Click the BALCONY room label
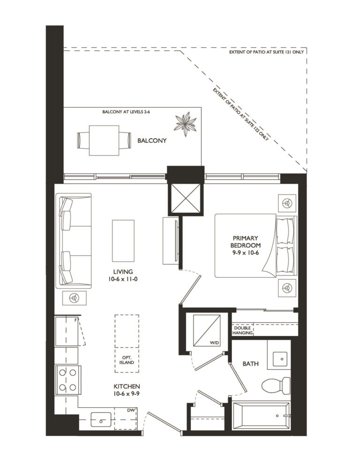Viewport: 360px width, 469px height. point(152,141)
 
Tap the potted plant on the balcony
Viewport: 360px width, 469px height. point(185,124)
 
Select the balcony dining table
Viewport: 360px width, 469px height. point(104,140)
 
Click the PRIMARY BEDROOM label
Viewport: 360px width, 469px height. point(245,242)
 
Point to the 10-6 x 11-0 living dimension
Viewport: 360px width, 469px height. point(123,279)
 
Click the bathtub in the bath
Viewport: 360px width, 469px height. point(261,416)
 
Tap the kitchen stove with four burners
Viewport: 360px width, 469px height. point(67,380)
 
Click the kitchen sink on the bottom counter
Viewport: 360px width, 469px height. point(101,420)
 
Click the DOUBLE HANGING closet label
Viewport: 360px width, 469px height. point(242,330)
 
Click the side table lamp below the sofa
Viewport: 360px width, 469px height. point(74,298)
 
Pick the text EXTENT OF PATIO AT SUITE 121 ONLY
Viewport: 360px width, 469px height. point(266,52)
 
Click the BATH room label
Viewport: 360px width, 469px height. point(250,364)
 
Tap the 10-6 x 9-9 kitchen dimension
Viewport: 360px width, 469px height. point(127,394)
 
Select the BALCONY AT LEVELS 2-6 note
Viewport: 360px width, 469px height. point(126,112)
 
